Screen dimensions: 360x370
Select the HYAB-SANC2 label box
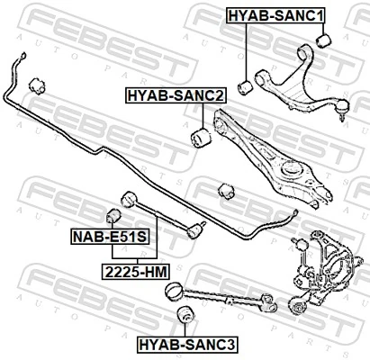click(176, 94)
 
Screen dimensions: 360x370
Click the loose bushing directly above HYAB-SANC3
click(187, 314)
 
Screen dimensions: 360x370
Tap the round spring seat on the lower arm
click(292, 168)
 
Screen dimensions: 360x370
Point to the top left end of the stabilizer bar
click(15, 59)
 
